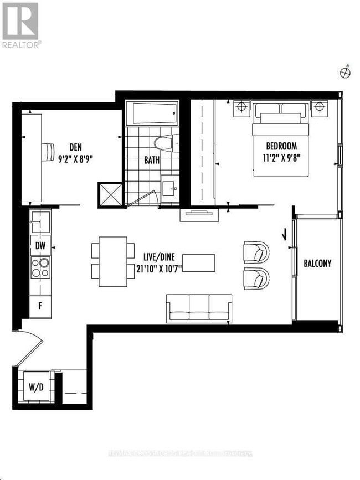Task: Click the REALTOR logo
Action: [20, 24]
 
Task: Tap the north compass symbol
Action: [344, 72]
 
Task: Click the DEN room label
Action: [76, 147]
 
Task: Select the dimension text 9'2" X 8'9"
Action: [76, 158]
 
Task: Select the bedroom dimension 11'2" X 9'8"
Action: [282, 157]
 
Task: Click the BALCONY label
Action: [317, 264]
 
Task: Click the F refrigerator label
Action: [40, 305]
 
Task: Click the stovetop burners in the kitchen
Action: [40, 268]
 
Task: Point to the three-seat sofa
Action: [198, 309]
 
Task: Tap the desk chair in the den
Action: [49, 150]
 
